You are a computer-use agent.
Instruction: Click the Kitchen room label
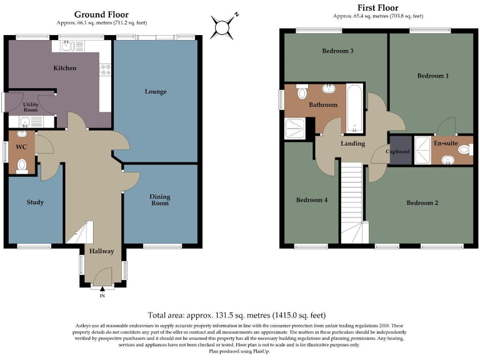point(65,67)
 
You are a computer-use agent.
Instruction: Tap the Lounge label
point(156,92)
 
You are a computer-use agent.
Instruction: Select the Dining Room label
point(159,200)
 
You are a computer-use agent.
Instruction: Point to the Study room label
point(35,202)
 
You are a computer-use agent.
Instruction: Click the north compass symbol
point(223,26)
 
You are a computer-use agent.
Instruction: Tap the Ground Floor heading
point(101,14)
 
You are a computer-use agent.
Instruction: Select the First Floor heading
point(379,7)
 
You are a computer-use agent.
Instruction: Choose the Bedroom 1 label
point(433,76)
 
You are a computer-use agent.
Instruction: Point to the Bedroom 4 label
point(312,200)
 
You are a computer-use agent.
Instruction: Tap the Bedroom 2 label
point(422,202)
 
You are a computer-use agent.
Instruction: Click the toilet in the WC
point(22,166)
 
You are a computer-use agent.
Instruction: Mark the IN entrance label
point(102,296)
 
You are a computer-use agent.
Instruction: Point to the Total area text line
point(237,315)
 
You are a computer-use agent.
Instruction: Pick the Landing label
point(352,144)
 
